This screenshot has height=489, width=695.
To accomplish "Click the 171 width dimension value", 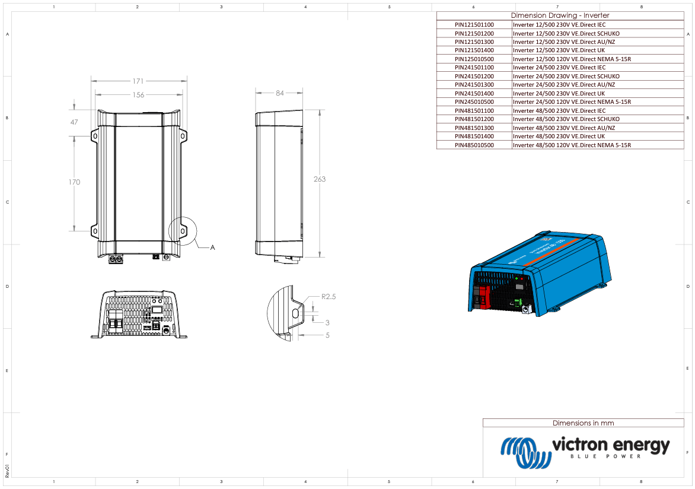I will point(138,81).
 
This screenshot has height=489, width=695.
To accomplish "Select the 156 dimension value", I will point(138,95).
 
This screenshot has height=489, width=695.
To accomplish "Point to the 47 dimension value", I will point(74,122).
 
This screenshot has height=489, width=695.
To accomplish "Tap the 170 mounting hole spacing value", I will point(74,182).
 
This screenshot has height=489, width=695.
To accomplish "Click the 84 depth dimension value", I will point(279,93).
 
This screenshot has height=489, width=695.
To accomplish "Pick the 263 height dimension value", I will point(320,179).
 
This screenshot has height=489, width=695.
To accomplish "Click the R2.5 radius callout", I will point(329,296).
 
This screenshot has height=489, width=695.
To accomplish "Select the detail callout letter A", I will point(213,247).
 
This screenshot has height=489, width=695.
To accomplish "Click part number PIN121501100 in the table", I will point(474,25).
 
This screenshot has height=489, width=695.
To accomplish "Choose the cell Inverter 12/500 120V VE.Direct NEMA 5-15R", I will point(571,59).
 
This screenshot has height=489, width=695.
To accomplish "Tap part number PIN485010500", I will point(474,145).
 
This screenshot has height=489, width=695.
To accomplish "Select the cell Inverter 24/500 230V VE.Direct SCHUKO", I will point(566,77).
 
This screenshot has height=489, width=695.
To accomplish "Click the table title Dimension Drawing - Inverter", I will point(560,15).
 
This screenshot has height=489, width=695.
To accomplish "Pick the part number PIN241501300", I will point(474,85).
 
